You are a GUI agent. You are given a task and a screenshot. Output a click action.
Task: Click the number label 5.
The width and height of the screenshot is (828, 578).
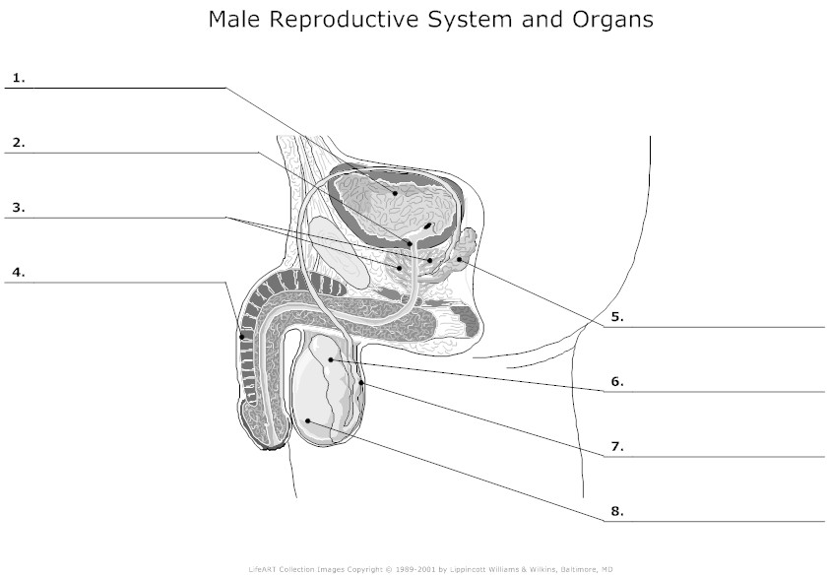point(616,317)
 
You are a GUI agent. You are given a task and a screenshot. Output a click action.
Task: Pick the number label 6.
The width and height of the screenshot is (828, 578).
point(616,381)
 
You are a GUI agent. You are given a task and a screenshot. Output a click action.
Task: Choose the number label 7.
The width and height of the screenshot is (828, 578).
point(616,446)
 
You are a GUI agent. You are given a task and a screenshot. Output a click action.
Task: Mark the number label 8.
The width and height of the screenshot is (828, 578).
point(616,511)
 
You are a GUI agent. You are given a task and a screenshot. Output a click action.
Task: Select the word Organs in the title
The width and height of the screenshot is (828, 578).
point(613,21)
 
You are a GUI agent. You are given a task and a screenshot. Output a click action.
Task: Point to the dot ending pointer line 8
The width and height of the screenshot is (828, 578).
point(309,421)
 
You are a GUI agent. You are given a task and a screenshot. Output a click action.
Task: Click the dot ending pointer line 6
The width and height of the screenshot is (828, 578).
point(331,360)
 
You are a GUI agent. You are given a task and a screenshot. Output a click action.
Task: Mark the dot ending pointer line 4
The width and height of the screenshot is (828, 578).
point(242,339)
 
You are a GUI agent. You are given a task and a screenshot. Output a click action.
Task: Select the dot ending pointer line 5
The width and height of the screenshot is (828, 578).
point(459,259)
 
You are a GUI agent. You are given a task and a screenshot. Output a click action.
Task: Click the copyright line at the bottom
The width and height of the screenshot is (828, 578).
point(430,569)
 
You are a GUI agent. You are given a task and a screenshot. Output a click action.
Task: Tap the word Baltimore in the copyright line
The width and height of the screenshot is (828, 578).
point(573,569)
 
